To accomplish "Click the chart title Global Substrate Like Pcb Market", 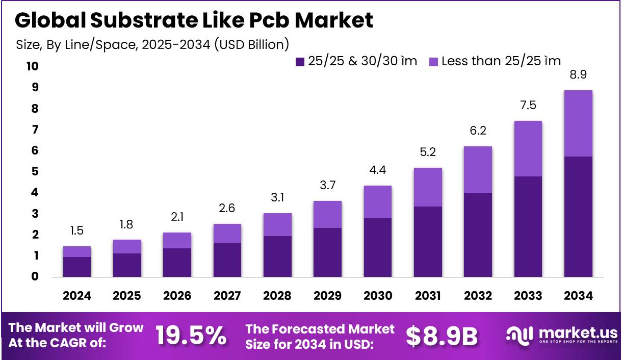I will coord(194,20).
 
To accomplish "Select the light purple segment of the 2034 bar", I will coord(578,123).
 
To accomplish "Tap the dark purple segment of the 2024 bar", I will coord(77,267).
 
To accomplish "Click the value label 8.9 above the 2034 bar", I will coord(578,75).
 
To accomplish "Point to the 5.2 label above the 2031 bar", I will coord(428,152).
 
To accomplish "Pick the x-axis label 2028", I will coord(277,296).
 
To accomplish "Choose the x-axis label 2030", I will coord(378,296).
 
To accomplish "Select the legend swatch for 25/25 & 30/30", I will coord(300,62).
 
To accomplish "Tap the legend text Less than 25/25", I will coord(501,61).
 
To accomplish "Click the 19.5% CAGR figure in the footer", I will coord(191,336).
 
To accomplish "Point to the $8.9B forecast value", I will coord(442,336).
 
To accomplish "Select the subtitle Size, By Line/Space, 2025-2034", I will coord(152,44).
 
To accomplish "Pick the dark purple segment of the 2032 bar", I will coord(478,235).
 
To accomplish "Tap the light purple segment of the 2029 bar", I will coord(327,214).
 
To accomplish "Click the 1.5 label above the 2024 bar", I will coord(77,231).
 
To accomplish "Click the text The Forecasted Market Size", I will coord(320,336).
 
